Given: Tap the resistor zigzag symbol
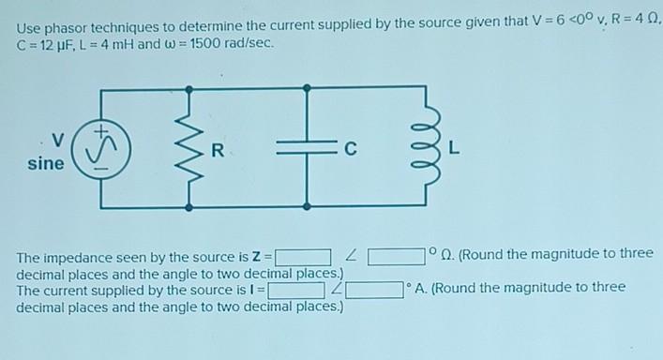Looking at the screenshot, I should (190, 147).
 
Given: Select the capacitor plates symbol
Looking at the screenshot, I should (308, 147).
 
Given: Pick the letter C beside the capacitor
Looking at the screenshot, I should (350, 148).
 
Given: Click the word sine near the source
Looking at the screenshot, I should (47, 164).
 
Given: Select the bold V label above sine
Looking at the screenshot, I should (58, 141).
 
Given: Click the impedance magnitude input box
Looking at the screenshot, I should (302, 255).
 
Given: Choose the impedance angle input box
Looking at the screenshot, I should (396, 255).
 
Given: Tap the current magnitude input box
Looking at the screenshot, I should (296, 289).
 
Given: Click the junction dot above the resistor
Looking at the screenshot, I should (190, 88).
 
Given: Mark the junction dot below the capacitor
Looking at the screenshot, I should (308, 205).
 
